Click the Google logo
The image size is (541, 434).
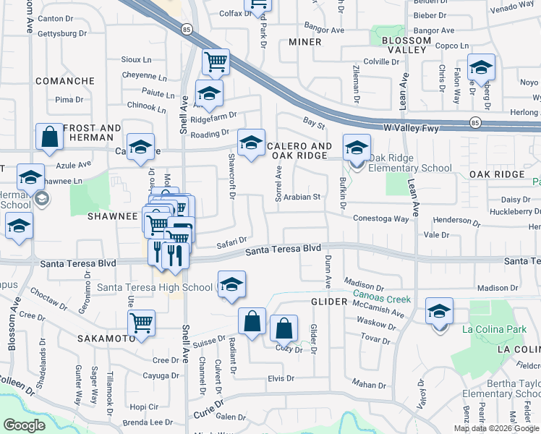pos(24,425)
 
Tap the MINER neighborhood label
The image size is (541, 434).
pos(304,42)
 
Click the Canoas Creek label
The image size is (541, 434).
pos(381,299)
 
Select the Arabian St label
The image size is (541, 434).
pos(301,197)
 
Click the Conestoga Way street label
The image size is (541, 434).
pos(380,218)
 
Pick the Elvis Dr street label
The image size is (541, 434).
pos(281,378)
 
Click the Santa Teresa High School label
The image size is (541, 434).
pos(155,287)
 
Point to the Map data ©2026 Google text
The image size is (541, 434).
pos(496,428)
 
